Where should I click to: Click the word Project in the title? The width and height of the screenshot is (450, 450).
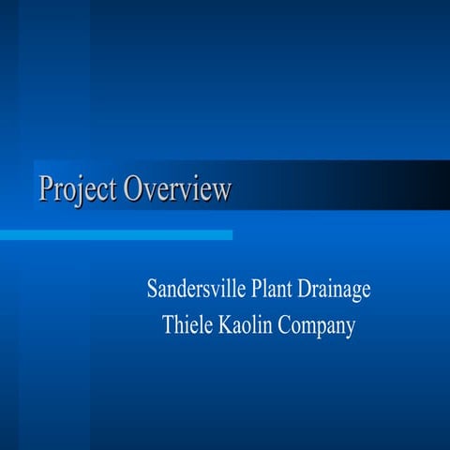(x=79, y=189)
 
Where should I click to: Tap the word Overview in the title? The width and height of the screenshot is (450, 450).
(x=178, y=189)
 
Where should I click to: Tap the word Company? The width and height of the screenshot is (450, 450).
(x=319, y=327)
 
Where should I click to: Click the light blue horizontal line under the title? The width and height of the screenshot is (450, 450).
(x=116, y=234)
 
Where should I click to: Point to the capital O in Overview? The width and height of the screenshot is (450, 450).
(x=134, y=188)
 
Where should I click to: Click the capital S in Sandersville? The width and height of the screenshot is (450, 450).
(x=152, y=288)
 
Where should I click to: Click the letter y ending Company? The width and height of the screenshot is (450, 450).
(x=351, y=330)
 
